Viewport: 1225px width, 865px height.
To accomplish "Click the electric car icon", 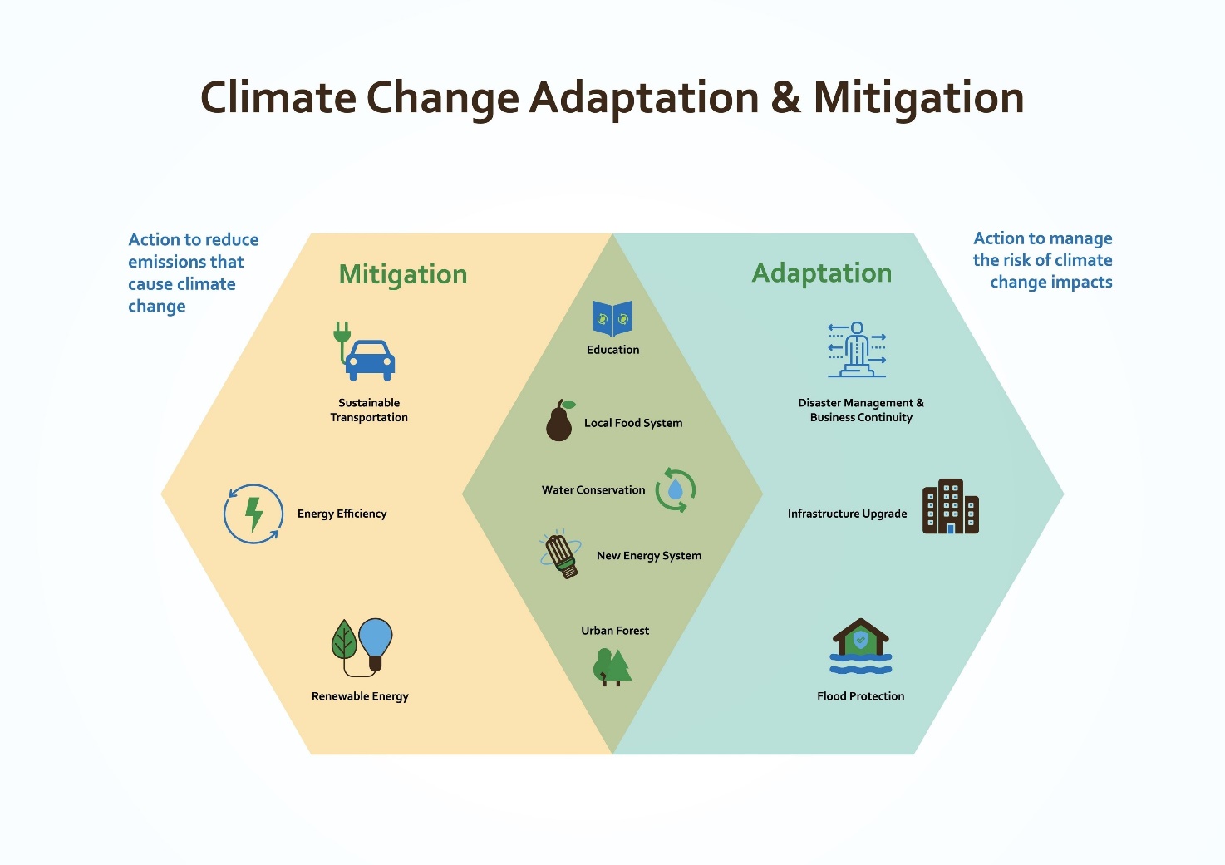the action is point(364,352).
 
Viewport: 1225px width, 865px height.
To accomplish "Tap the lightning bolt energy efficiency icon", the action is point(253,514).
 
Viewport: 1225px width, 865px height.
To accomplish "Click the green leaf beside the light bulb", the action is point(344,640).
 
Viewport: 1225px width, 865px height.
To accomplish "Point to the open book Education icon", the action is point(612,318).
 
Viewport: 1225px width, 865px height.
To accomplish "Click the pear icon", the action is point(560,420).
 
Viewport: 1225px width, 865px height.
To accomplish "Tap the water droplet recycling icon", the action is point(676,490).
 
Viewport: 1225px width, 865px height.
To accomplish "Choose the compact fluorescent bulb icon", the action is point(560,554).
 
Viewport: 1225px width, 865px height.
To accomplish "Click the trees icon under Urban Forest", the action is point(612,667).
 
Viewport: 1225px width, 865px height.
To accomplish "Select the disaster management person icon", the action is point(857,349).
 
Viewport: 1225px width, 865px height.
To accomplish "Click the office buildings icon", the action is point(951,506).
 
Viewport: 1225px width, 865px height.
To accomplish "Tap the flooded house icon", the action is point(861,646).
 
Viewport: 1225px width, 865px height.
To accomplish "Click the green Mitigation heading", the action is point(403,274).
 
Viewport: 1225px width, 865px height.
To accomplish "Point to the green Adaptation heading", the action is point(822,273).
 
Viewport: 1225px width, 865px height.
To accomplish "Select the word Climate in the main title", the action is point(278,97).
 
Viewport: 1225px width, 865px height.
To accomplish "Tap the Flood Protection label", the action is point(861,696).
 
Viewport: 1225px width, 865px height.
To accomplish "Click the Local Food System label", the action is point(633,423).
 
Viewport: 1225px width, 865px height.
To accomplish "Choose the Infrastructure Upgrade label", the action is point(847,514).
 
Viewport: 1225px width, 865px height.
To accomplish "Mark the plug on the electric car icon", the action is point(342,332).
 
